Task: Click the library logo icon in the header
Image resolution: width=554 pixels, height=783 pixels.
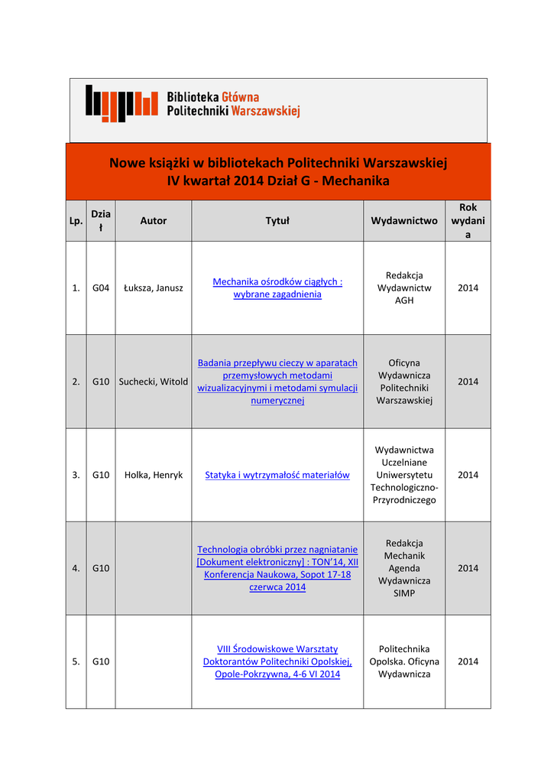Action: tap(121, 103)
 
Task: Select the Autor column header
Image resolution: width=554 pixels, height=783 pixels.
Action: tap(153, 221)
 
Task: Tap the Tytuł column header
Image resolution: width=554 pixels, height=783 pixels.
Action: tap(277, 221)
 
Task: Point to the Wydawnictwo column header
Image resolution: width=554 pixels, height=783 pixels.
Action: tap(404, 221)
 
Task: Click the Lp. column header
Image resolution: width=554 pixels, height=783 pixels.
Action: tap(76, 221)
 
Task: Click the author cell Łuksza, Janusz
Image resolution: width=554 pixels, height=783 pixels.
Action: tap(154, 288)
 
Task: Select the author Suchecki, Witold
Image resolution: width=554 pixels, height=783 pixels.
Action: tap(154, 382)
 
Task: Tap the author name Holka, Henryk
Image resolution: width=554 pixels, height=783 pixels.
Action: tap(154, 475)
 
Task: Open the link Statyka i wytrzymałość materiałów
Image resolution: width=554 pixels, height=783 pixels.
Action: tap(277, 475)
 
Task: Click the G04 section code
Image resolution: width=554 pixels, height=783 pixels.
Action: tap(101, 288)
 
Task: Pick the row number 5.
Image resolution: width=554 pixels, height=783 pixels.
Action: tap(76, 661)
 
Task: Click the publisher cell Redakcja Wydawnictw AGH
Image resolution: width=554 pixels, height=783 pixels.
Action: tap(404, 288)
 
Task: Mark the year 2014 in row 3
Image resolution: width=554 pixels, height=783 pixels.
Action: tap(468, 475)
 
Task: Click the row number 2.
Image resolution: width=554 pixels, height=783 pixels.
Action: tap(76, 382)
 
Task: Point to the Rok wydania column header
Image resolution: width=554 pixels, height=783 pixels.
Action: tap(468, 221)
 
